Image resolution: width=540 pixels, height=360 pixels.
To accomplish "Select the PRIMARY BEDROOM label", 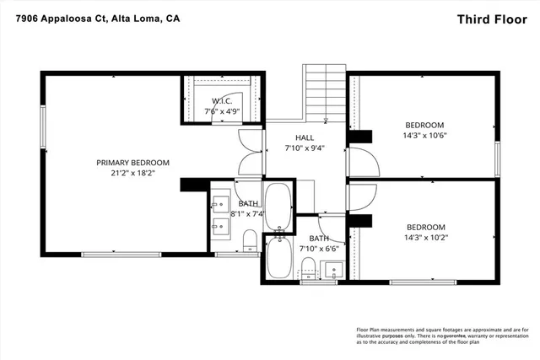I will [132, 163].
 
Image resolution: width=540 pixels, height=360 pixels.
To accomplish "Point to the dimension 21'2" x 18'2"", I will [132, 175].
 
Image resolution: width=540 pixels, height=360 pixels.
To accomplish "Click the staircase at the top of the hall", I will [324, 94].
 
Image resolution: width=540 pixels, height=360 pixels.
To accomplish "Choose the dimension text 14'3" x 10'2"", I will [426, 239].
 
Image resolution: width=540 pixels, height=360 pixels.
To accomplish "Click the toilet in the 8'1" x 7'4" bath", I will [249, 243].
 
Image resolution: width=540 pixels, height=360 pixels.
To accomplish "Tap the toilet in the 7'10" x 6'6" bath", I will [308, 269].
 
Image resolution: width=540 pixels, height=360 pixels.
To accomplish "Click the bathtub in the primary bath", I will [277, 207].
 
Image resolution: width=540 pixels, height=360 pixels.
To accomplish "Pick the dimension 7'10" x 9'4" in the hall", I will [305, 148].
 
